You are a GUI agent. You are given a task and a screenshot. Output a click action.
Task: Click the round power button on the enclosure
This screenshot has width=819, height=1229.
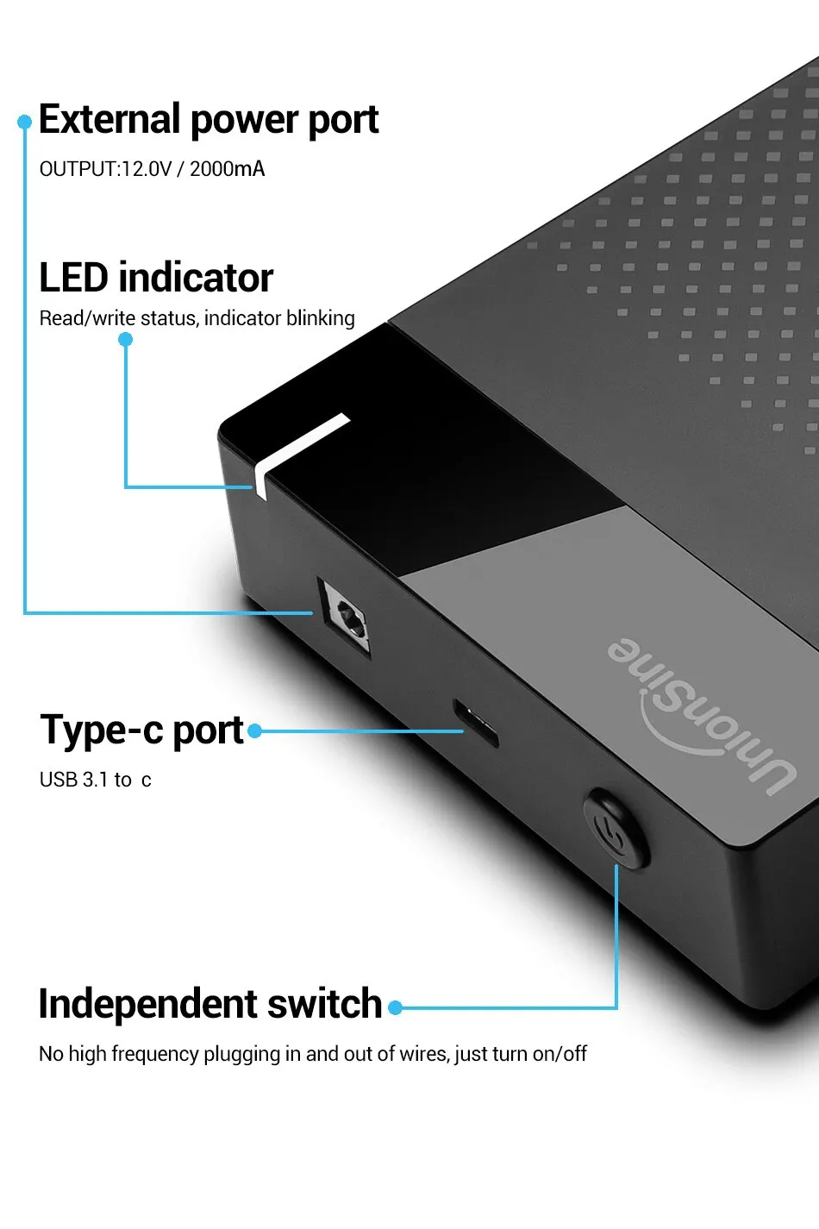pyautogui.click(x=616, y=829)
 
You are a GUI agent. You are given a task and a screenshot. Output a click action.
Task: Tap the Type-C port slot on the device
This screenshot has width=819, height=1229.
pyautogui.click(x=476, y=724)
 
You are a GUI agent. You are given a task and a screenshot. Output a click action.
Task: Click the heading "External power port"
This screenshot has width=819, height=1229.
pyautogui.click(x=209, y=120)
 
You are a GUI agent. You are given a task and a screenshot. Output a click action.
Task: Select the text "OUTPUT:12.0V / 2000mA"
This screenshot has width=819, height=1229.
pyautogui.click(x=152, y=169)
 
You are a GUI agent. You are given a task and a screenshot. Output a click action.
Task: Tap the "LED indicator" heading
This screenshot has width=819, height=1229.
pyautogui.click(x=156, y=278)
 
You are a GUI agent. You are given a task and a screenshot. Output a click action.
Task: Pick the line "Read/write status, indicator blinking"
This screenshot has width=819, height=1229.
pyautogui.click(x=197, y=318)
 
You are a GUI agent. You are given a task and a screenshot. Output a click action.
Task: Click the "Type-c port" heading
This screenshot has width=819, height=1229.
pyautogui.click(x=142, y=731)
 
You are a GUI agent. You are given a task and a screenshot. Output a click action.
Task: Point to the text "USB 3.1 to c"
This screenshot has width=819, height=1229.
pyautogui.click(x=95, y=780)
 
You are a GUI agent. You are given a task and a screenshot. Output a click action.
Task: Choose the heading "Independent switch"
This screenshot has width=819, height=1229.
pyautogui.click(x=210, y=1004)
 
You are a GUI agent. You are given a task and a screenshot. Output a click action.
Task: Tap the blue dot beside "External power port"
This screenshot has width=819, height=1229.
pyautogui.click(x=25, y=122)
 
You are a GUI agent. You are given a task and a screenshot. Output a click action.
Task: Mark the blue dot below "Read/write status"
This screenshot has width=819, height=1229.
pyautogui.click(x=126, y=340)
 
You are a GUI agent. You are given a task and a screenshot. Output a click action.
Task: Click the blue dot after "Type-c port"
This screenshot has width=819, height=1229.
pyautogui.click(x=255, y=731)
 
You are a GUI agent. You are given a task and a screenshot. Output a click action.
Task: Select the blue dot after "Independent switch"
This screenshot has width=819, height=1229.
pyautogui.click(x=396, y=1007)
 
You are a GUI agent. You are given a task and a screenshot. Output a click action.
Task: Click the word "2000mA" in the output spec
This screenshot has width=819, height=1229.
pyautogui.click(x=227, y=169)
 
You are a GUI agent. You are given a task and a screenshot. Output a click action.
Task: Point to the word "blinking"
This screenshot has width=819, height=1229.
pyautogui.click(x=320, y=318)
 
